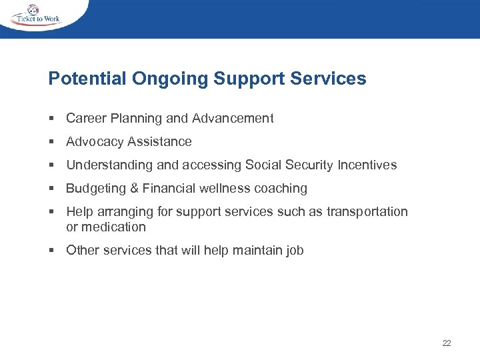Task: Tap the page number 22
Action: tap(446, 343)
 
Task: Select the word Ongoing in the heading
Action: tap(170, 79)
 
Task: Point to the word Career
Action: tap(85, 119)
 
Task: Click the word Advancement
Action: tap(233, 119)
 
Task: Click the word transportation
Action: tap(367, 212)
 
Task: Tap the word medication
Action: tap(114, 227)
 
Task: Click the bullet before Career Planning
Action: tap(51, 119)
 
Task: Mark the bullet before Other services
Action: tap(51, 251)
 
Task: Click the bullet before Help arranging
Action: tap(51, 212)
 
